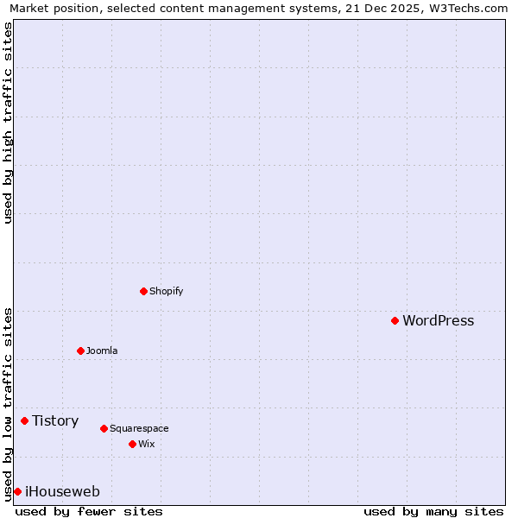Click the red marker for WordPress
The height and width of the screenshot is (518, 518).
click(395, 321)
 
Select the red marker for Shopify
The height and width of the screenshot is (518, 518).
click(143, 291)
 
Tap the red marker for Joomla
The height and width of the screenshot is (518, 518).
click(80, 351)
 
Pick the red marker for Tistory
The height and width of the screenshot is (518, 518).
click(24, 421)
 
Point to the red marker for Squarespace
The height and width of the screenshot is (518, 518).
click(104, 428)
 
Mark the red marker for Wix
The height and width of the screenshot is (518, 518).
click(132, 444)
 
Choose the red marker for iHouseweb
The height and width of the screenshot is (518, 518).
click(17, 492)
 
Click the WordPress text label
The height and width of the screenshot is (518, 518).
click(438, 321)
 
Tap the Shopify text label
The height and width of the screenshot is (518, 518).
click(166, 291)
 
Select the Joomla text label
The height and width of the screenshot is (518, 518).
click(102, 351)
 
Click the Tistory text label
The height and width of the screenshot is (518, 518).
click(55, 421)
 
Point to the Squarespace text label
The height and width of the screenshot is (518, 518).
click(139, 428)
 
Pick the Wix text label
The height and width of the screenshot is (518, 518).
click(146, 444)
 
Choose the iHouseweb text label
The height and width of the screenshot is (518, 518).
click(62, 492)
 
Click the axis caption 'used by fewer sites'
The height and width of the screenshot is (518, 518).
click(89, 512)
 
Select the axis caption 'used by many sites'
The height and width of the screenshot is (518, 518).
click(433, 512)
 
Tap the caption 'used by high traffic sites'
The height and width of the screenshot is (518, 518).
click(8, 123)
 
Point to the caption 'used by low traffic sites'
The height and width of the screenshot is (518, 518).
click(8, 403)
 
